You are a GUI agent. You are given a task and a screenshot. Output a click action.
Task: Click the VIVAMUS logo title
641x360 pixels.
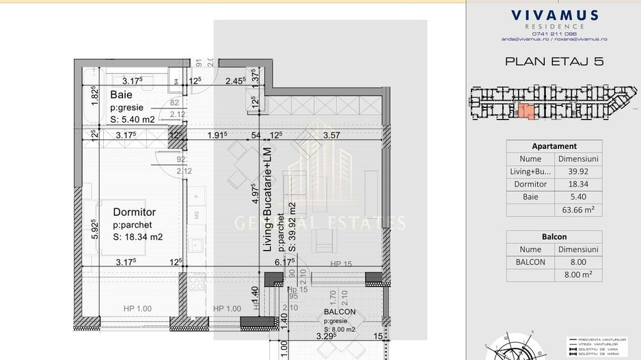click(554, 15)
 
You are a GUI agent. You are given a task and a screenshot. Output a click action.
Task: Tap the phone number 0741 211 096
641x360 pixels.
click(554, 33)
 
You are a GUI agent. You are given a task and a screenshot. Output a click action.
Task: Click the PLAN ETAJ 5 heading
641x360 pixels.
click(554, 61)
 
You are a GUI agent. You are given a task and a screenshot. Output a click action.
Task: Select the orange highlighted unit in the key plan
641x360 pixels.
click(525, 111)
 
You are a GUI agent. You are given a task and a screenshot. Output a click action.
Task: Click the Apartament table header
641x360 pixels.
click(554, 146)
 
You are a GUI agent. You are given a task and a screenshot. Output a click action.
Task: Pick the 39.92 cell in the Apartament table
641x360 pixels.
click(577, 171)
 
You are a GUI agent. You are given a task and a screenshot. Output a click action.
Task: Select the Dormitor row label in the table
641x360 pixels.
click(530, 184)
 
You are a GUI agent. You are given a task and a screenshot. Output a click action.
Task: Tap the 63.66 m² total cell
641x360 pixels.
click(577, 210)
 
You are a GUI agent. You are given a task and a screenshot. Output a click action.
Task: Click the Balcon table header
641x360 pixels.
click(554, 237)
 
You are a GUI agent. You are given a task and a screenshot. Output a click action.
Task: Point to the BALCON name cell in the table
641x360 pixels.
click(530, 262)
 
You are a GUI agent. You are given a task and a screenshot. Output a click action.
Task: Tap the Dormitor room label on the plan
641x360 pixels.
click(134, 212)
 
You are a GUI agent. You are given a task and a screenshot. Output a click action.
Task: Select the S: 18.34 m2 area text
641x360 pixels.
click(137, 237)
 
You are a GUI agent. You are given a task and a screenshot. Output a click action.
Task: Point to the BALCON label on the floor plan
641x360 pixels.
click(340, 312)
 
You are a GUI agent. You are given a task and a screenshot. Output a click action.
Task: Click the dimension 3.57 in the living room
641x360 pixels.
click(331, 135)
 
